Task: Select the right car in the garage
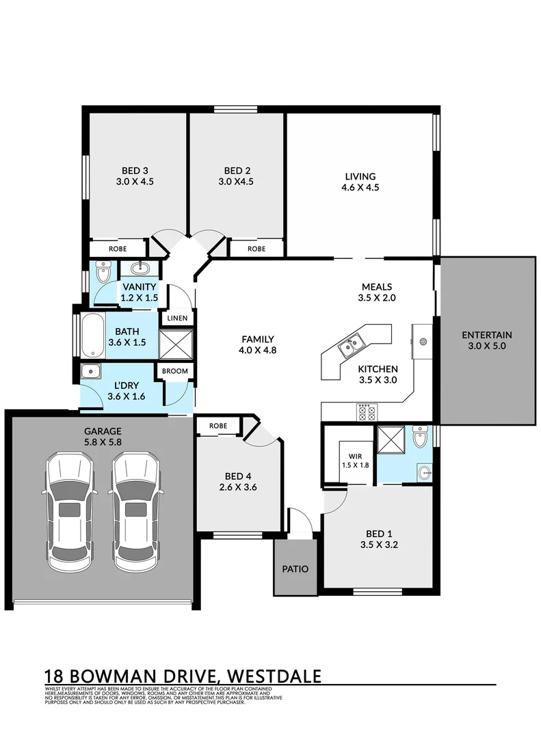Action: click(136, 513)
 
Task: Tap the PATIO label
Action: click(295, 569)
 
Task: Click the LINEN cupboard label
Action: click(178, 318)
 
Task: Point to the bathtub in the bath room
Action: click(92, 335)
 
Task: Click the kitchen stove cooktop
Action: click(367, 412)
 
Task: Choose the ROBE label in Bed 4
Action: click(217, 426)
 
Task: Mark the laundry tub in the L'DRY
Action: click(91, 371)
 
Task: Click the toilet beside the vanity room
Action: click(103, 273)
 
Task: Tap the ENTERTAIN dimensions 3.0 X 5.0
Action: click(486, 346)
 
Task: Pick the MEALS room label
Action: click(378, 287)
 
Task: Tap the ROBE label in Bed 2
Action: click(256, 249)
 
